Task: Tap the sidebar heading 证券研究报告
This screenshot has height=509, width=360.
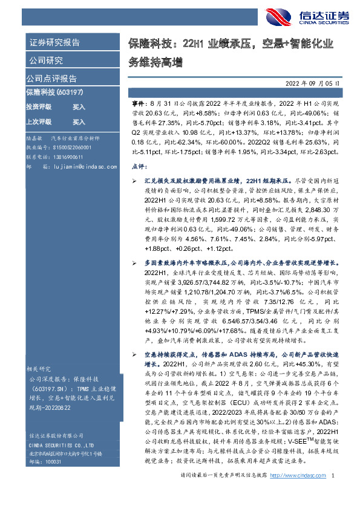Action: coord(54,42)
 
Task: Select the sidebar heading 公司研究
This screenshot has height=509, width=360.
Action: coord(45,60)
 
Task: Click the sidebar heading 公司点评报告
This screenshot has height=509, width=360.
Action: coord(51,79)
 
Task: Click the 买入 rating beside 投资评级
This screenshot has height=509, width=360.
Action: coord(79,107)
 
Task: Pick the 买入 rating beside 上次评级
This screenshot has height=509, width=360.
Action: coord(79,122)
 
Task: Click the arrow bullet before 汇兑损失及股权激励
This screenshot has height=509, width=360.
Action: coord(134,180)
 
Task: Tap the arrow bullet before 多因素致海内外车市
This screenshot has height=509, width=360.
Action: coord(134,264)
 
